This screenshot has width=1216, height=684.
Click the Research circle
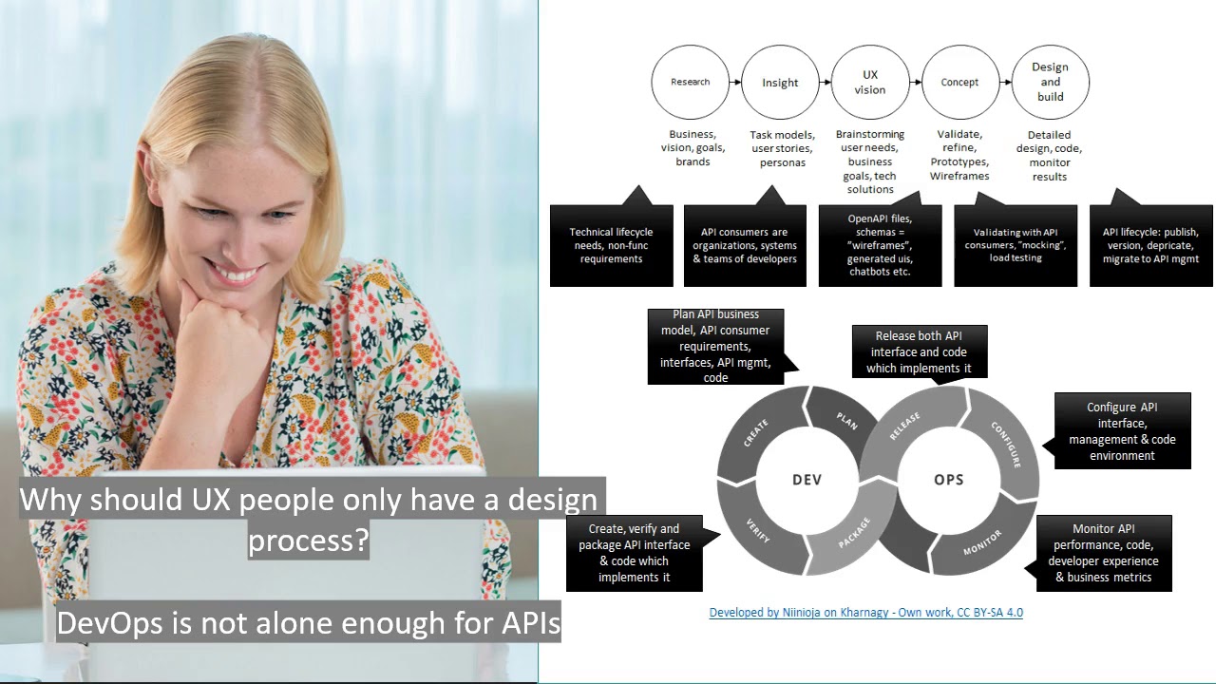point(690,82)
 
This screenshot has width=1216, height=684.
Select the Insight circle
point(780,83)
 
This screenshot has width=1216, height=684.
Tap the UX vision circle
point(869,83)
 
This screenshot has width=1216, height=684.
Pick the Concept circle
point(959,83)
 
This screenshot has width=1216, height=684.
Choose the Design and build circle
point(1050,83)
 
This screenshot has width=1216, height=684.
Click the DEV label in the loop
point(807,480)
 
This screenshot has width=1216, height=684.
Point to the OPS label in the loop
point(948,480)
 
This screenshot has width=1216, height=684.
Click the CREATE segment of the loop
point(756,433)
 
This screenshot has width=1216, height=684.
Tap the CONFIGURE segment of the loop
point(1005,444)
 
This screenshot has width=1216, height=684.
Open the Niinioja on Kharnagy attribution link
point(865,613)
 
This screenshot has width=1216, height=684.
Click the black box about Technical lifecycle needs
point(611,245)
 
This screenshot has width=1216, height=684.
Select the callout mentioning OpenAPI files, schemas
point(880,245)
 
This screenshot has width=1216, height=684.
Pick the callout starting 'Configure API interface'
point(1122,431)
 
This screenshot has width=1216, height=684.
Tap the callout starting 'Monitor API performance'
point(1103,553)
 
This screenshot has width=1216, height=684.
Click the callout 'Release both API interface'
point(919,351)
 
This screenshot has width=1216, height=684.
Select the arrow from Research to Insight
point(734,83)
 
